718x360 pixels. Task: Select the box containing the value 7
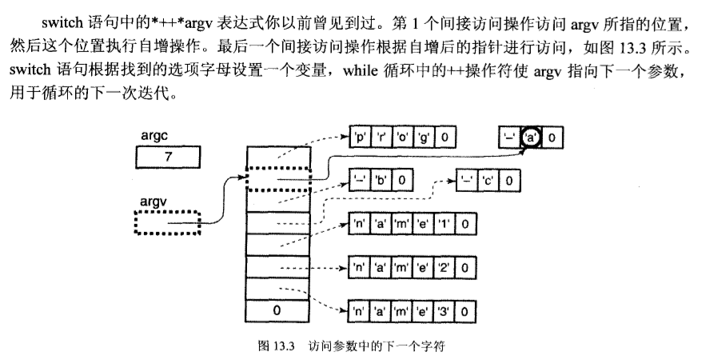pos(168,157)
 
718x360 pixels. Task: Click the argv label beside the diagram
pos(152,202)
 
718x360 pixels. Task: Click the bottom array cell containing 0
pos(276,308)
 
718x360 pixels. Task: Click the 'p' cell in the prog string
pos(360,138)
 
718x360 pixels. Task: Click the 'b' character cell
pos(381,181)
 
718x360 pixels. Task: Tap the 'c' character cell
pos(486,181)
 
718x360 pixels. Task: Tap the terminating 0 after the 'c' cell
pos(508,181)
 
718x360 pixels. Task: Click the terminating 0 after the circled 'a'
pos(552,138)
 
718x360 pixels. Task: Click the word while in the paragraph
pos(362,70)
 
